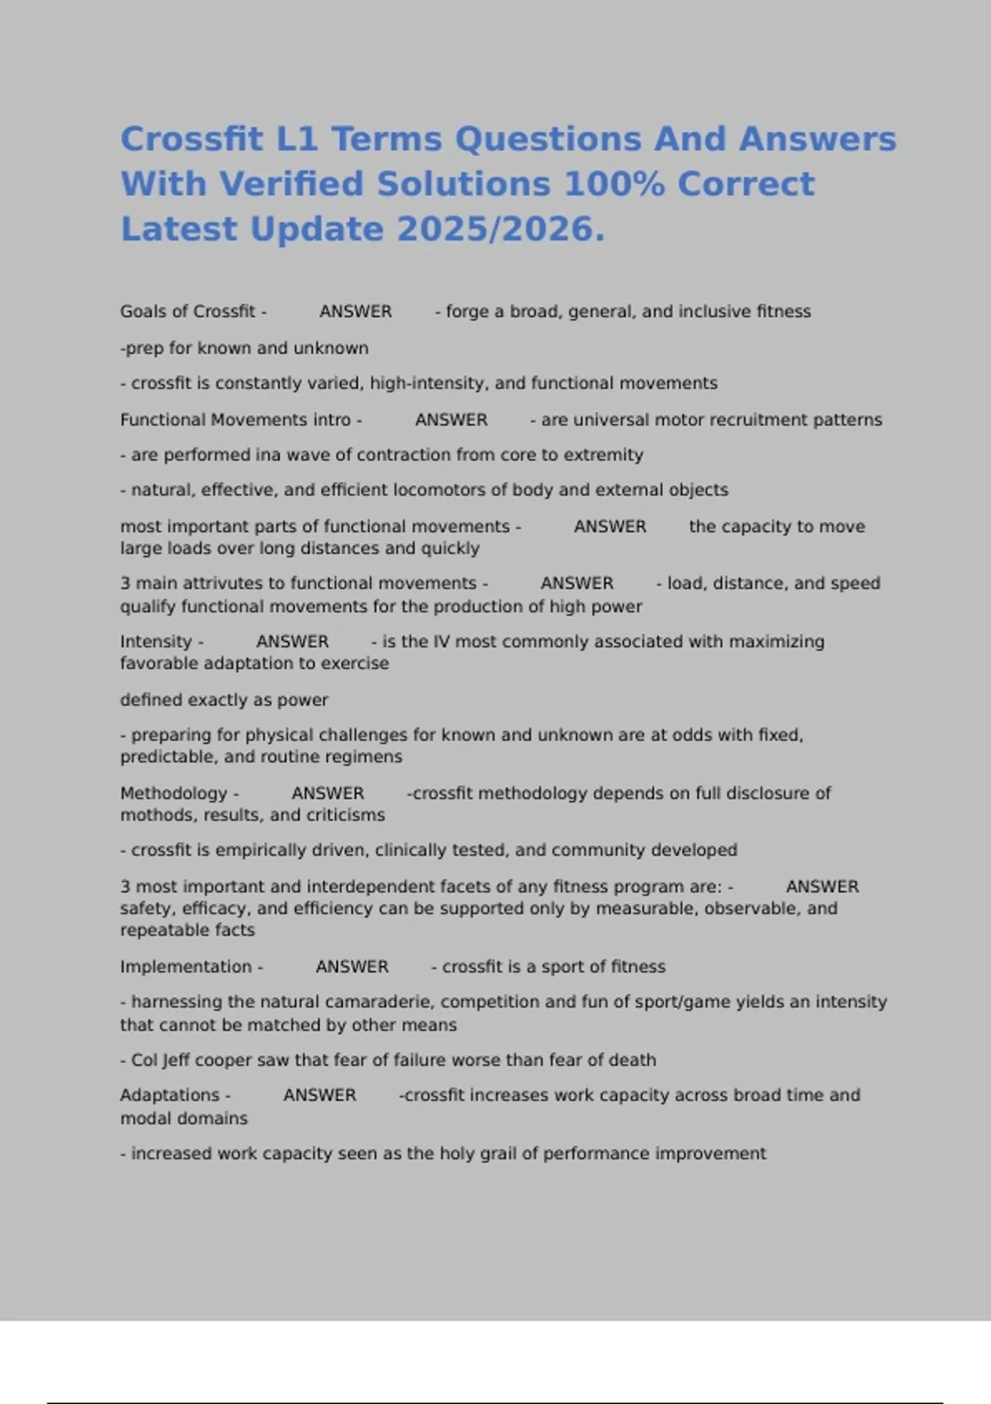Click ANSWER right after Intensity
pyautogui.click(x=292, y=642)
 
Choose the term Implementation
pyautogui.click(x=186, y=966)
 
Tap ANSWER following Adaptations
pyautogui.click(x=320, y=1095)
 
